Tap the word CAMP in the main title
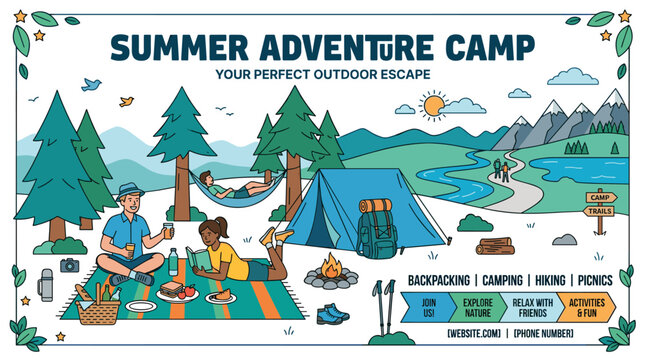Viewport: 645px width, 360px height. coord(481,47)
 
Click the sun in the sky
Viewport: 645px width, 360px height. coord(434,105)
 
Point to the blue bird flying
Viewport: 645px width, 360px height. coord(92,85)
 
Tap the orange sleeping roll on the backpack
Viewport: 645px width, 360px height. coord(375,206)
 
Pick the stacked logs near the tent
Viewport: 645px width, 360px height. coord(495,245)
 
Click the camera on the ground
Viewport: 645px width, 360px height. coord(69,265)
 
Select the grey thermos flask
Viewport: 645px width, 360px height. coord(46,285)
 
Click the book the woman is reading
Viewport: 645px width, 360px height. coord(200,259)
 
